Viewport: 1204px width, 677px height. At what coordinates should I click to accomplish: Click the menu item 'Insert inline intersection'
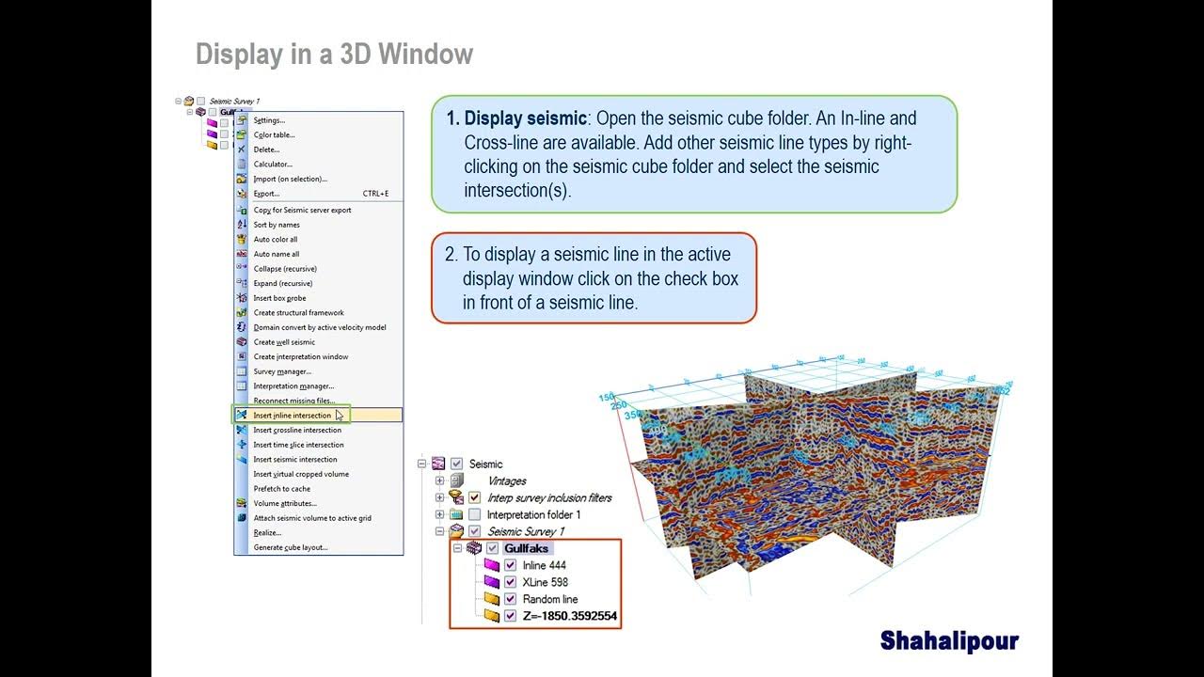293,416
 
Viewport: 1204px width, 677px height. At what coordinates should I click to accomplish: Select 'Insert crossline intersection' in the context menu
297,431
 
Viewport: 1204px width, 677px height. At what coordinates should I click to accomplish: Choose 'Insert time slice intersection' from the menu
298,445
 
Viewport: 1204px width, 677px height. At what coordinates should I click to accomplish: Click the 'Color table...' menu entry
274,135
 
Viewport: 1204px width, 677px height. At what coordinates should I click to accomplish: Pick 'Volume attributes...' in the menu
285,503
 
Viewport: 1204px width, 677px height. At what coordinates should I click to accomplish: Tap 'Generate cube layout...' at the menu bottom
291,547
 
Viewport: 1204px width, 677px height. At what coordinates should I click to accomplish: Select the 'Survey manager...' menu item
282,371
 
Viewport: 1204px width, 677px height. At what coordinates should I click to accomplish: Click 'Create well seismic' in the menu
284,342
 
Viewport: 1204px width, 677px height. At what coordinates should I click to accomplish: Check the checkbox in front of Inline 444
511,566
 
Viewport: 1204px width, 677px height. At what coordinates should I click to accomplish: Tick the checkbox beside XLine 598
511,583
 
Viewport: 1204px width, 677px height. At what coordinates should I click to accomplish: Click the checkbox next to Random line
511,600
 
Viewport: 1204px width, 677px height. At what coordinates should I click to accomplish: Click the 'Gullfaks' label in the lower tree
527,549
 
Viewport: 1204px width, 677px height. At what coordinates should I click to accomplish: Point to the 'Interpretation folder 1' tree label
533,515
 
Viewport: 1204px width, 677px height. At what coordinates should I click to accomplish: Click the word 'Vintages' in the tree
506,481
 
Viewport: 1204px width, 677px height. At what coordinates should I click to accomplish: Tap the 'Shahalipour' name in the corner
949,641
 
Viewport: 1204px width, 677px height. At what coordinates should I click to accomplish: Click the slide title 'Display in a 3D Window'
334,55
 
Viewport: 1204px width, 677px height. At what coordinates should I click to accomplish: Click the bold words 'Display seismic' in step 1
525,118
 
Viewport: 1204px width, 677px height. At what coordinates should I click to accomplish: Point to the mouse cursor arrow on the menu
340,415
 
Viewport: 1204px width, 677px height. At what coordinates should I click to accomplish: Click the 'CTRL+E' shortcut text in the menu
375,194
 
